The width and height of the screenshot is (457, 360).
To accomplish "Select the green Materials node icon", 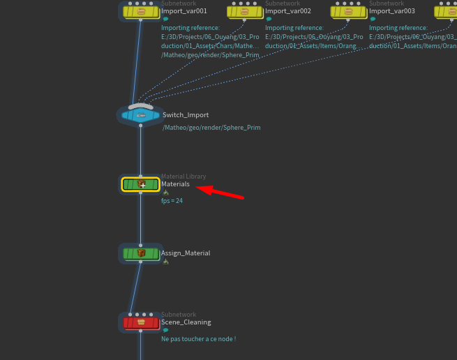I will [x=140, y=184].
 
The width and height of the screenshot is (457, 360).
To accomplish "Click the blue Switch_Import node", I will [x=140, y=115].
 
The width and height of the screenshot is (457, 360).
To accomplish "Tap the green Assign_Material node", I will [x=140, y=253].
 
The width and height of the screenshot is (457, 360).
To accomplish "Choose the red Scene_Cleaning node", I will [x=140, y=322].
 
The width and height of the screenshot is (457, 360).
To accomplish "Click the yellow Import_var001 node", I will [x=140, y=11].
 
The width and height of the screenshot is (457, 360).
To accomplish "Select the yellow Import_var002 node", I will [x=244, y=11].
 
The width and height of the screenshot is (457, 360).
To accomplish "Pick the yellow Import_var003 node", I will [x=348, y=11].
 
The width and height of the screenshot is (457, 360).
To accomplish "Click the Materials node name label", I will [x=175, y=184].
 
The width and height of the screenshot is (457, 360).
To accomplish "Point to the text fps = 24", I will [x=172, y=201].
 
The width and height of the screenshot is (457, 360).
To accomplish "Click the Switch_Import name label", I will [x=186, y=115].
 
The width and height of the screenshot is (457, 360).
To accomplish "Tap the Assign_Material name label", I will [x=186, y=253].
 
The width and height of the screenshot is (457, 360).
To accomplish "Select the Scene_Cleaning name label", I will [x=186, y=322].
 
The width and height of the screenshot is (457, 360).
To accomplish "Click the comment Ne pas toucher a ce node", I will [x=198, y=339].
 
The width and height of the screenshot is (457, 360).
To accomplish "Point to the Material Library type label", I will [x=183, y=177].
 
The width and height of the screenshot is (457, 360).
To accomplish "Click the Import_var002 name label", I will [x=288, y=11].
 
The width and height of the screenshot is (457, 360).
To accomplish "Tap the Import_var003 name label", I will [x=391, y=11].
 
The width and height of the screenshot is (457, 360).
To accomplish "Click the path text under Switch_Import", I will [x=211, y=128].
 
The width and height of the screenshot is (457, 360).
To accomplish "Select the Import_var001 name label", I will [x=184, y=11].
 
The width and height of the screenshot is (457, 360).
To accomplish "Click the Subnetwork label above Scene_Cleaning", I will [x=179, y=315].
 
